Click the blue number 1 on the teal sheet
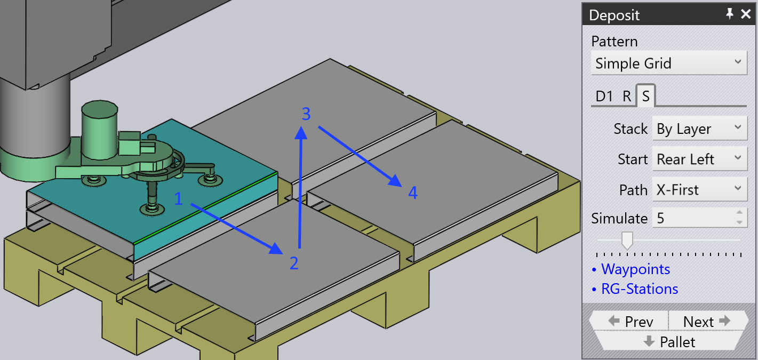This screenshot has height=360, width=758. coord(178,198)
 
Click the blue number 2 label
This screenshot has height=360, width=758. coord(294,263)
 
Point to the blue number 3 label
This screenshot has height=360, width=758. coord(306,114)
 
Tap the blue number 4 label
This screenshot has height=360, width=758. coord(413,193)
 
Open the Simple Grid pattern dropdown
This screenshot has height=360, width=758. coord(669,63)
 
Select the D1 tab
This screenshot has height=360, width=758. coord(604,97)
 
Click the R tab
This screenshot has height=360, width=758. coord(627,97)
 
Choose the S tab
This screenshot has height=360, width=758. coord(645,96)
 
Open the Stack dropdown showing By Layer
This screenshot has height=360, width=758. coord(699,128)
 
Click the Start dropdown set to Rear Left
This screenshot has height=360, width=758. coord(699,159)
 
